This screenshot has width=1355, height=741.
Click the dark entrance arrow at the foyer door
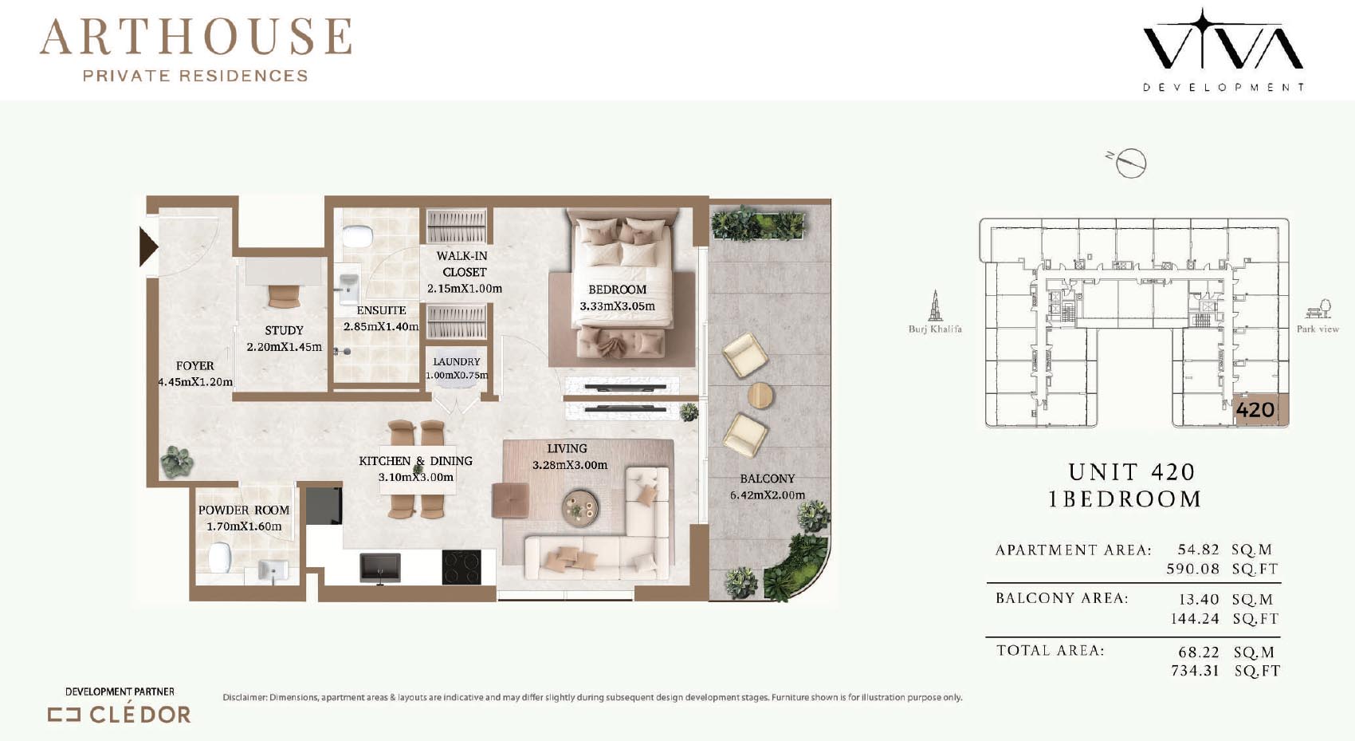(147, 246)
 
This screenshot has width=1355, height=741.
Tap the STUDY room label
(284, 330)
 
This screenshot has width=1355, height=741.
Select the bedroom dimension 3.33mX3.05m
(617, 306)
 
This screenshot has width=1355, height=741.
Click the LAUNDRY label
(456, 362)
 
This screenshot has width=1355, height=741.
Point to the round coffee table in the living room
(581, 507)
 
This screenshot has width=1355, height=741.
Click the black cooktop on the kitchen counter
(461, 567)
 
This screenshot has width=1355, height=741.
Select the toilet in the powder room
(219, 558)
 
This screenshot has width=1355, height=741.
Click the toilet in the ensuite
(358, 237)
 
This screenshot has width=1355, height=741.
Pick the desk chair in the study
(284, 295)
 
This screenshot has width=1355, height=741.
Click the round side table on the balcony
(760, 396)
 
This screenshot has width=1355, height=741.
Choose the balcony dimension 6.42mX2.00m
(767, 495)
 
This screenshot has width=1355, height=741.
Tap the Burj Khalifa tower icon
(935, 305)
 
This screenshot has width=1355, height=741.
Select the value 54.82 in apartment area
(1198, 550)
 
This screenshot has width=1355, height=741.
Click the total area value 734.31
(1195, 671)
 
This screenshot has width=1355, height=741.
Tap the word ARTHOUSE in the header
(196, 37)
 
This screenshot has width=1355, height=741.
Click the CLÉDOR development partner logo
(120, 715)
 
